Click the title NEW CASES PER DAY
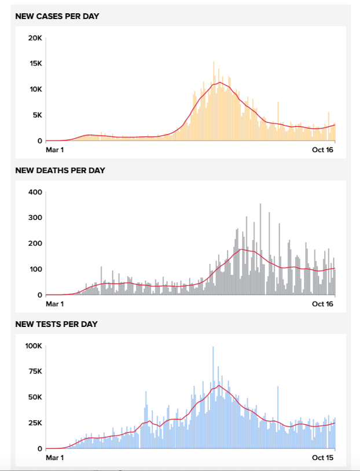tap(57, 16)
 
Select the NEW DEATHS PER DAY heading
tap(60, 171)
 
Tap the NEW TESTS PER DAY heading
tap(56, 324)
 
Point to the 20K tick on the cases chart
tap(35, 38)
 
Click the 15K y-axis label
tap(35, 64)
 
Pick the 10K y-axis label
tap(35, 89)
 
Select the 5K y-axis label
tap(37, 115)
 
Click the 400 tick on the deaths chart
tap(36, 192)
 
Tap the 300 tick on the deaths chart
tap(36, 218)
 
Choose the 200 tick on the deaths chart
tap(36, 244)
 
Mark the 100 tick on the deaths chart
tap(36, 269)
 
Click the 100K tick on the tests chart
tap(33, 346)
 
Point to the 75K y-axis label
tap(35, 371)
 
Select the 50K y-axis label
tap(35, 398)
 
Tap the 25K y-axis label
tap(35, 423)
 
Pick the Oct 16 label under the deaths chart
tap(324, 304)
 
